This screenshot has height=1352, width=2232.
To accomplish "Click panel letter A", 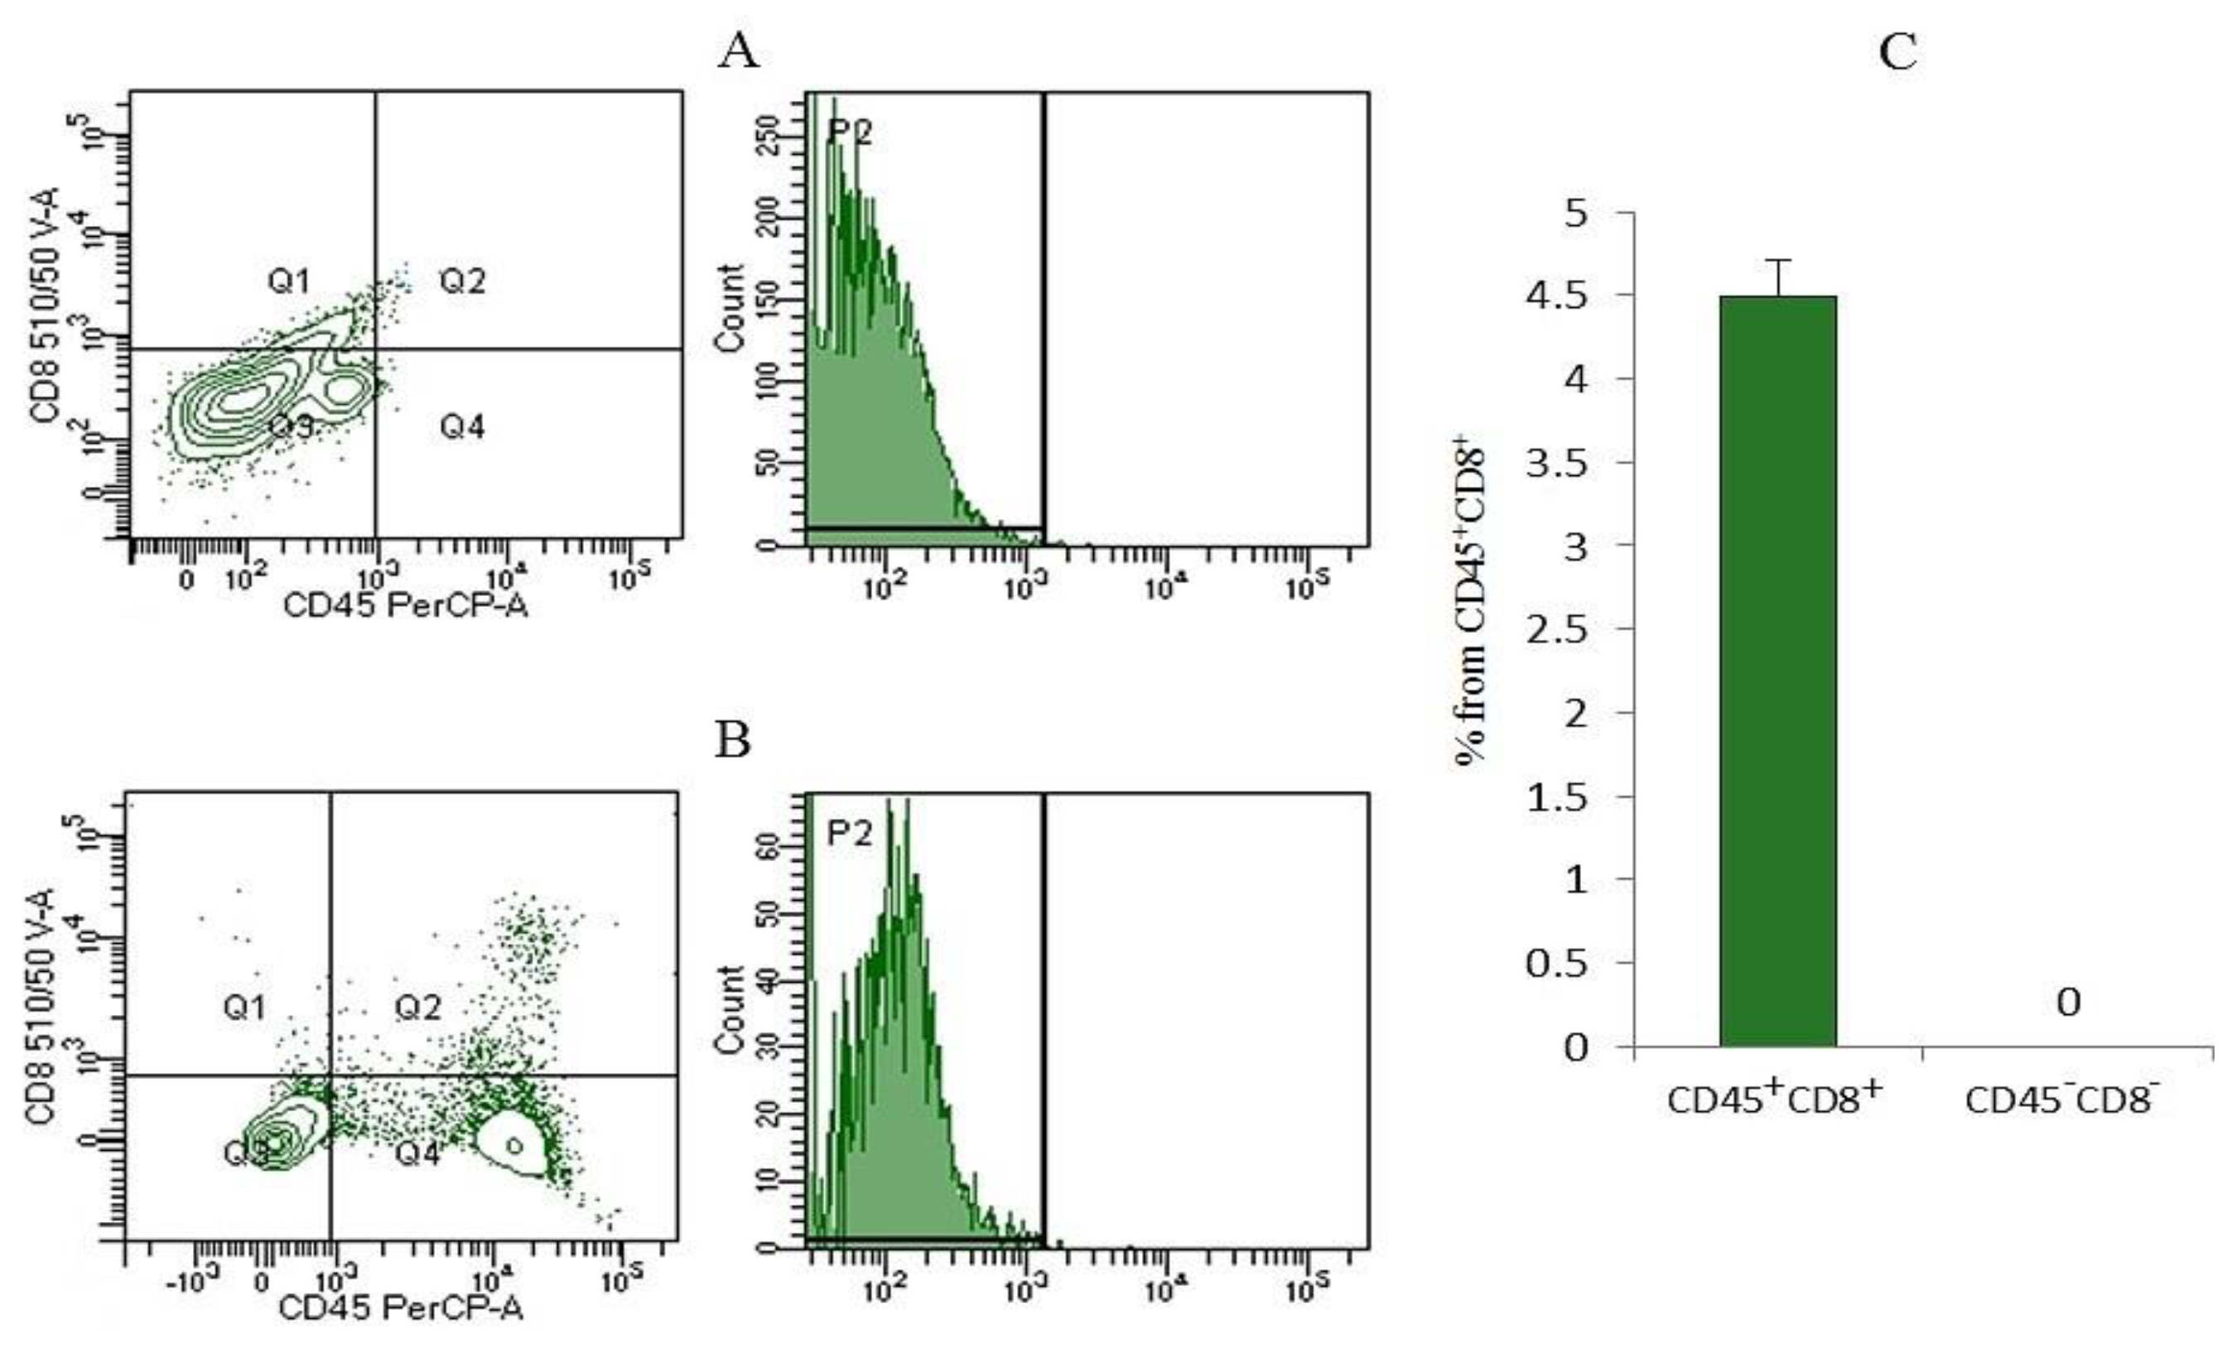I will (738, 51).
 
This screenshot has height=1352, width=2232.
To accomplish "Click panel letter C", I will (1897, 51).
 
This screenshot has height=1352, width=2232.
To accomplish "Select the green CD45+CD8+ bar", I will (1777, 670).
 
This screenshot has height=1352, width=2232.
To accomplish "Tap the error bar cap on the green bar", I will (1777, 261).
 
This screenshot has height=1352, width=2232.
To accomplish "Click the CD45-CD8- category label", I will (2061, 1100).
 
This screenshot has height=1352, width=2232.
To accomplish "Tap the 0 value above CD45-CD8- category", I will (2068, 1003).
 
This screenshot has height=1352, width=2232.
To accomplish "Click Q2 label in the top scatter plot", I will (463, 281).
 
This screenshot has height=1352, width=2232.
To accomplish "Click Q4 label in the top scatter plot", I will (462, 426).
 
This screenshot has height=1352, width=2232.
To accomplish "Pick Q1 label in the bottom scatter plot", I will (244, 1007).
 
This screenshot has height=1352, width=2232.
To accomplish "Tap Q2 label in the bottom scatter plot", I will (417, 1007).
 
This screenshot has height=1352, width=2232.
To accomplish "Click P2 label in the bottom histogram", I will (849, 833).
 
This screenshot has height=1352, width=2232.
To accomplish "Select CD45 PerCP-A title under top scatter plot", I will (406, 605).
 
